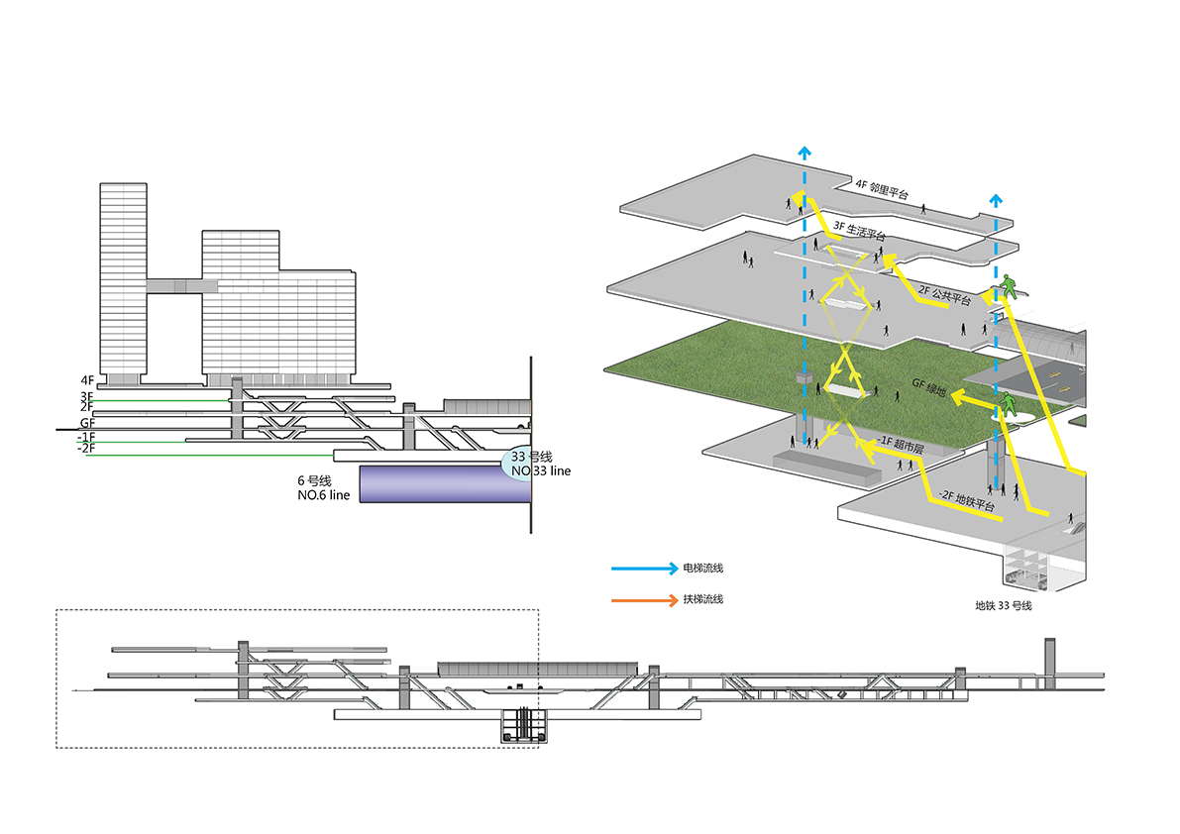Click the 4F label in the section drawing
pos(87,379)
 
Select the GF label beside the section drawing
pos(87,422)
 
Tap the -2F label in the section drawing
pos(86,449)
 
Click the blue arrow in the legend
pos(643,569)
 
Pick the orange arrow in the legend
pos(643,599)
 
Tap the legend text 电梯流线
pos(702,569)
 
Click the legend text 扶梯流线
pos(702,599)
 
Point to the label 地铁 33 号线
pos(1004,605)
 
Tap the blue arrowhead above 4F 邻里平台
pos(805,154)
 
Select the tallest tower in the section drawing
pos(123,277)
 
